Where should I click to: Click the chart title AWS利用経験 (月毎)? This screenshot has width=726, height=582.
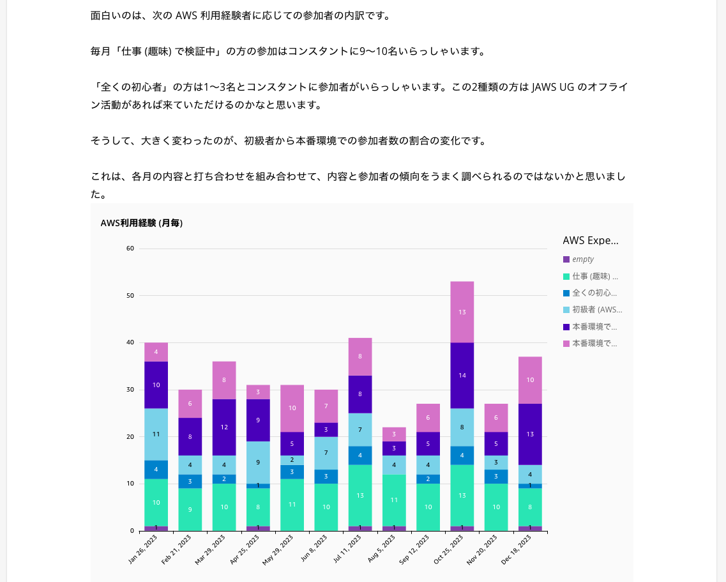tap(142, 223)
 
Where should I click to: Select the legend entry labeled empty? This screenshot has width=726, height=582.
tap(582, 259)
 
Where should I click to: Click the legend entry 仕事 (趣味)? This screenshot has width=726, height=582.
tap(594, 277)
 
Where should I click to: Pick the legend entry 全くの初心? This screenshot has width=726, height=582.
tap(594, 293)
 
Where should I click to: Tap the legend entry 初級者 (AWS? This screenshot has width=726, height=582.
tap(596, 310)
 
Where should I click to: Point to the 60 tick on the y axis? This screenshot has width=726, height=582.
tap(130, 249)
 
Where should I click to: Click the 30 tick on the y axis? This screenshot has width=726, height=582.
tap(130, 390)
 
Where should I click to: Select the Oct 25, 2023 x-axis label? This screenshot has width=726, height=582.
tap(450, 550)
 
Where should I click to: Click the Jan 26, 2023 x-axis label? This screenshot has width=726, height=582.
tap(143, 550)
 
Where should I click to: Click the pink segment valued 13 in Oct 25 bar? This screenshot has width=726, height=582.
tap(462, 312)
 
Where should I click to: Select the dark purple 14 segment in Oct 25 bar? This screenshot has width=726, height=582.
tap(462, 376)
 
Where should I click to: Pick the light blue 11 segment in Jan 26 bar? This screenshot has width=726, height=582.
tap(156, 434)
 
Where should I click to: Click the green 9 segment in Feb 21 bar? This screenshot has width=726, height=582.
tap(190, 509)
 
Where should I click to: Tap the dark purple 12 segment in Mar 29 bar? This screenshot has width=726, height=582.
tap(224, 427)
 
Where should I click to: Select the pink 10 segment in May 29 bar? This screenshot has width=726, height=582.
tap(292, 408)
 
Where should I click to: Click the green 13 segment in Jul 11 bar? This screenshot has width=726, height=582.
tap(360, 495)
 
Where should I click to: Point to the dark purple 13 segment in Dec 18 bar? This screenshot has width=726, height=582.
tap(530, 434)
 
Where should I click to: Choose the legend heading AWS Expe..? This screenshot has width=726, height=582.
tap(591, 241)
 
